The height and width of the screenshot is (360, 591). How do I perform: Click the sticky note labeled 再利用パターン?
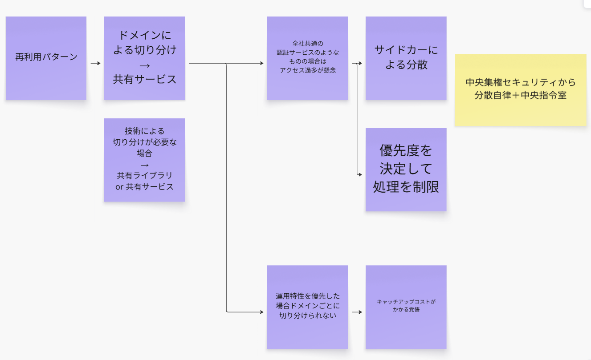(46, 58)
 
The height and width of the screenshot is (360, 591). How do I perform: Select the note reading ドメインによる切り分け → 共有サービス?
(144, 58)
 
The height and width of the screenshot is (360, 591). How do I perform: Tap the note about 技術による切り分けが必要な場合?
(144, 160)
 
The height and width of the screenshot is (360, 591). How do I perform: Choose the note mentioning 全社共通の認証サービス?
(307, 58)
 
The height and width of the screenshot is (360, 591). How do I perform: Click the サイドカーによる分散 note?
(406, 58)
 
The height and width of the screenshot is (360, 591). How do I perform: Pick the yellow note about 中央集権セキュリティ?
(521, 89)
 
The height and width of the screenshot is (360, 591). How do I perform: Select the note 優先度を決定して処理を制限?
(406, 170)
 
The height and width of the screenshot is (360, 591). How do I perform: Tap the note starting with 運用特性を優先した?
(307, 307)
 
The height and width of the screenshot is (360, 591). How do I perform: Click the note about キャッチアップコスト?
(406, 307)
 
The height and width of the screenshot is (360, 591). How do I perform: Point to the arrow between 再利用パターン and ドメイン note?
(95, 63)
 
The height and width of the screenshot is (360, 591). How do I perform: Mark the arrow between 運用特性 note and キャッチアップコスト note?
(357, 312)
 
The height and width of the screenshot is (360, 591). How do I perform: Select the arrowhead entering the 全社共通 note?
(262, 63)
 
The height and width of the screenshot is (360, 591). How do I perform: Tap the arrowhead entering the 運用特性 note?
(262, 312)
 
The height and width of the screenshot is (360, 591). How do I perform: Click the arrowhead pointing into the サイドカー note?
(360, 63)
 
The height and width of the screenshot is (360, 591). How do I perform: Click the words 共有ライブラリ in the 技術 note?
(144, 176)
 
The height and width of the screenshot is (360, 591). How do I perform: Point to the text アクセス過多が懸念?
(308, 70)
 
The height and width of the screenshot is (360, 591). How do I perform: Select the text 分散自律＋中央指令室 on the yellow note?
(521, 95)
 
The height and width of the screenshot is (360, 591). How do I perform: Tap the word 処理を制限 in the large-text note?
(406, 187)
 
